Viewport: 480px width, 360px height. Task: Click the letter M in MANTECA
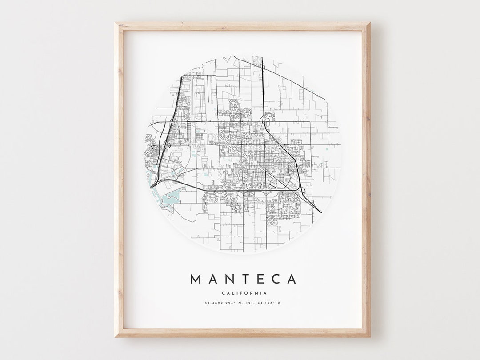[x=196, y=279]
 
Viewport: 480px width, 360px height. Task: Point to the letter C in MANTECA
[x=275, y=279]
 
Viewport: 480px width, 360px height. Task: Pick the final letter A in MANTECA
[x=292, y=279]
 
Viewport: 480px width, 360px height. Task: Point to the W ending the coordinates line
[x=280, y=303]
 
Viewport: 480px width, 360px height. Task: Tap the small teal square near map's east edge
[x=327, y=149]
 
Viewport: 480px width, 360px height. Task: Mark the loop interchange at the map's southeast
[x=303, y=190]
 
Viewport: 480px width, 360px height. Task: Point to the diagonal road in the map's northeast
[x=293, y=80]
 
